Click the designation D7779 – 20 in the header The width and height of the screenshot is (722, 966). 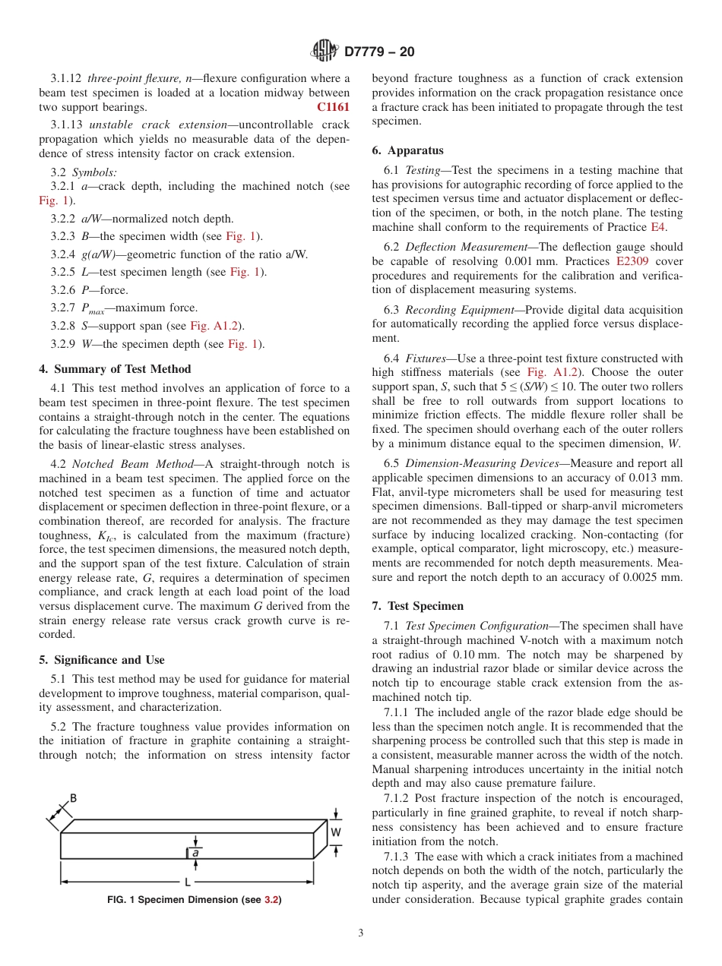pos(379,52)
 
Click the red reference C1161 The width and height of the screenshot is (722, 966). pos(333,107)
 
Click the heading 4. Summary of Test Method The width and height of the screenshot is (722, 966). pos(115,369)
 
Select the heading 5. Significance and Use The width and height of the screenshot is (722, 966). pos(102,660)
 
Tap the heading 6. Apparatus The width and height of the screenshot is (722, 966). pos(407,150)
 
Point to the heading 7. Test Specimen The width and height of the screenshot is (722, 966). pos(417,606)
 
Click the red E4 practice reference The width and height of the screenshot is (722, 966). pos(659,227)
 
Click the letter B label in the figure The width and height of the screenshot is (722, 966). pos(73,798)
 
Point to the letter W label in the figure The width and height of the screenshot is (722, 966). pos(335,832)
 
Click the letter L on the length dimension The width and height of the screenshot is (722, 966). pos(187,882)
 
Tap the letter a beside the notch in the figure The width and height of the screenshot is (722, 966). pos(195,853)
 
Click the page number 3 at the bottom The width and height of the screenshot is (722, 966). pos(360,933)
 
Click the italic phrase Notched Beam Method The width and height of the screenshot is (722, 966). pos(133,464)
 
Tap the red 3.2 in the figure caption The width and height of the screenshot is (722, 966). pos(271,900)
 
